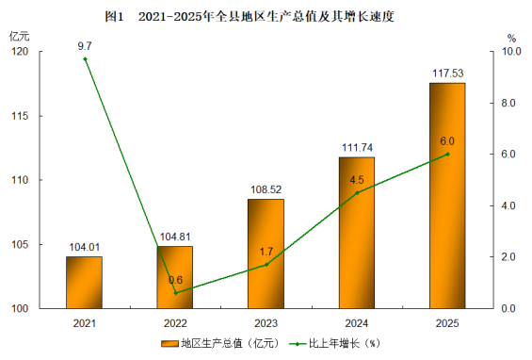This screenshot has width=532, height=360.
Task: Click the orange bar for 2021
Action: point(84,283)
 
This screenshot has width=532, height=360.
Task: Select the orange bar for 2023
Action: point(266,254)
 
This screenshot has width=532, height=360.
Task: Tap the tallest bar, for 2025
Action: point(447,196)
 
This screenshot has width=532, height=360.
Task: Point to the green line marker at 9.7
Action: point(85,59)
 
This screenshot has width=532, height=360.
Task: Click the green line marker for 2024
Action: point(357,193)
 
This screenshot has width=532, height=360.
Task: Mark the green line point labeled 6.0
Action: point(447,155)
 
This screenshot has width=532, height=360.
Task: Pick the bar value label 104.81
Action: point(175,237)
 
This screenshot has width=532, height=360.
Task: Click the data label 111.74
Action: point(357,148)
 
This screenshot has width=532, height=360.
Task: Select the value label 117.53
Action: point(448,74)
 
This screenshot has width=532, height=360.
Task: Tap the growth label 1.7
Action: point(266,252)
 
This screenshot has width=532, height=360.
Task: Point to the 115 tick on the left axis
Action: point(20,116)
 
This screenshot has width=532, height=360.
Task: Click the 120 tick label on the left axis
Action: point(20,52)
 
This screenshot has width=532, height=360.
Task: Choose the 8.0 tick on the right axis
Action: point(508,103)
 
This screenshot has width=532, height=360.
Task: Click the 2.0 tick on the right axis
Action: point(508,257)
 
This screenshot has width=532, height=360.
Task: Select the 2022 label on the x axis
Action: point(175,323)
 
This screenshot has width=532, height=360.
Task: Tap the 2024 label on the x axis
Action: point(357,323)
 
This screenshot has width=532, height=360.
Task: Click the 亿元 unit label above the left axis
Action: point(20,36)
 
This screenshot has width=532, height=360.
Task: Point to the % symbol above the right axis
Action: point(511,38)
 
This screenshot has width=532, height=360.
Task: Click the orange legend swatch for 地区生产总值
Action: point(169,344)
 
